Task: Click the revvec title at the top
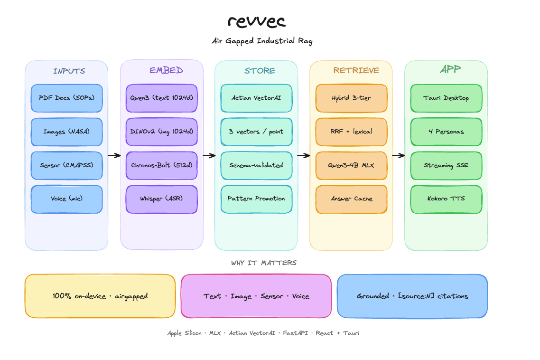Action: tap(257, 21)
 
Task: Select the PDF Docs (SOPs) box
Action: tap(67, 98)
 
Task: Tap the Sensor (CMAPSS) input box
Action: tap(67, 165)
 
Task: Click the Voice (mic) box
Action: tap(67, 199)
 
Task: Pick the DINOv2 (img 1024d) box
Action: tap(161, 132)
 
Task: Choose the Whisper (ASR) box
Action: tap(161, 199)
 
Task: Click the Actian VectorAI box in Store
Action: tap(257, 98)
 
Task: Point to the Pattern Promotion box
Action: tap(257, 199)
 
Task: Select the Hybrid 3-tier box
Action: tap(351, 98)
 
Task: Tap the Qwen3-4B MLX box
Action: tap(351, 165)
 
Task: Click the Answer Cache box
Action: tap(351, 199)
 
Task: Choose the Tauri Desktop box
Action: tap(447, 98)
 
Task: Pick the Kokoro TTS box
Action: tap(447, 199)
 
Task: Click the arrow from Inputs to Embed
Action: tap(114, 155)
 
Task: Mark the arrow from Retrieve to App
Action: tap(399, 155)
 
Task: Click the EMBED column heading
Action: tap(166, 70)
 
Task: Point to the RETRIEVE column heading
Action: tap(356, 70)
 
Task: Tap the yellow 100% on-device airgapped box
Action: tap(100, 296)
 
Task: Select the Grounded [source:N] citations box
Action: tap(412, 296)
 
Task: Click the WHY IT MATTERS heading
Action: tap(264, 263)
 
